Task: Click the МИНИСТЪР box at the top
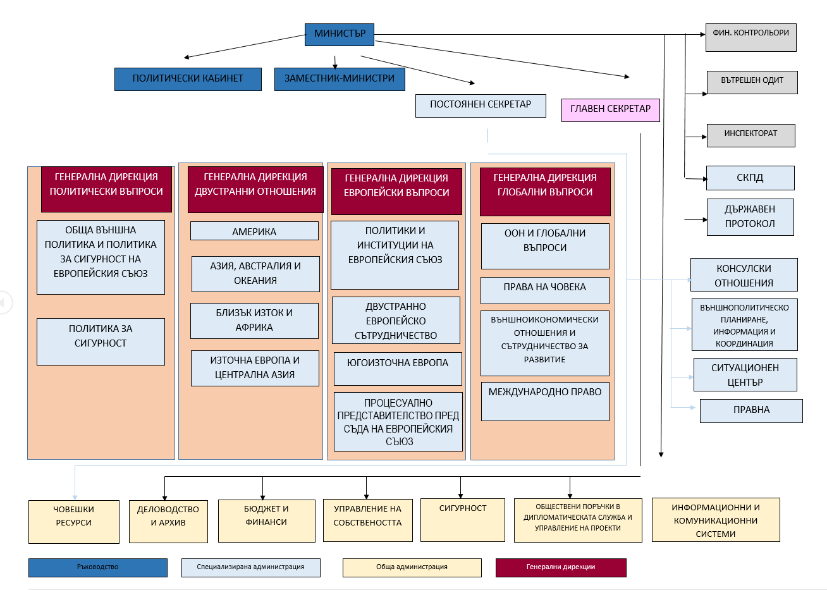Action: point(340,34)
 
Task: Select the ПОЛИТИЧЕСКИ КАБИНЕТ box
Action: point(188,79)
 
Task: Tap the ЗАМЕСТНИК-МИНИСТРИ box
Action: point(340,79)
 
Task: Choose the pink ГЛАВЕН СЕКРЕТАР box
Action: point(610,109)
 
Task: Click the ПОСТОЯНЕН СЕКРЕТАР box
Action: point(481,106)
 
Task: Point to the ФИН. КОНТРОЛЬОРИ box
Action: point(750,38)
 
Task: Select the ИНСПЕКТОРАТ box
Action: point(750,135)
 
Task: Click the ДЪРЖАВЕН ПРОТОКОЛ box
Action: point(750,217)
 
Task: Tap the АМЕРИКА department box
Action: point(254,231)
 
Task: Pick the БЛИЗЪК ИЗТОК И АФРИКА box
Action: point(254,321)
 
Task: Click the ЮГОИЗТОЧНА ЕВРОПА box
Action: point(398,369)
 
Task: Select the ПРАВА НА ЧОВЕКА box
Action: point(545,290)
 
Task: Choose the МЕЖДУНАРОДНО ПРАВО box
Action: point(545,401)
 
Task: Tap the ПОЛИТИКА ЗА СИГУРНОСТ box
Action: point(101,341)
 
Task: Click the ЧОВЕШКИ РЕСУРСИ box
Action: point(73,522)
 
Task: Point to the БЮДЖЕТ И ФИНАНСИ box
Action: point(266,520)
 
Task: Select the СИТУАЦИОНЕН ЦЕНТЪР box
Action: point(745,375)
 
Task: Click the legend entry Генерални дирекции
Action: point(561,567)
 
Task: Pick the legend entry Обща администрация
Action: point(412,567)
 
